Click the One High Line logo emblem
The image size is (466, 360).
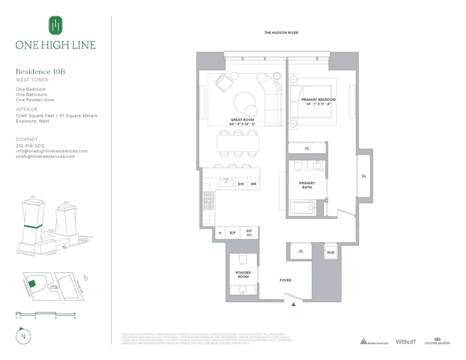click(56, 26)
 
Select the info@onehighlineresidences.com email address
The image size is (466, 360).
click(52, 151)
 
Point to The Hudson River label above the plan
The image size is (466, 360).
click(281, 33)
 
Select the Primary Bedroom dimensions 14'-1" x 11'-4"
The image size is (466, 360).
click(318, 104)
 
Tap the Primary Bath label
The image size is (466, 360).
click(307, 185)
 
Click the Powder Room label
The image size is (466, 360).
click(243, 275)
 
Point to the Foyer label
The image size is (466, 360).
click(285, 280)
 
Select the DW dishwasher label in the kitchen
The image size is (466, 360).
click(241, 184)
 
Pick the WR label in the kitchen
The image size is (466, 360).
click(253, 184)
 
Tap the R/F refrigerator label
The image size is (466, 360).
click(233, 233)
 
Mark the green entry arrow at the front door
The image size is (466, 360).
click(294, 304)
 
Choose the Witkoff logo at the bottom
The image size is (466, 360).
click(405, 342)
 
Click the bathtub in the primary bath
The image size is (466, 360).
click(304, 207)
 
